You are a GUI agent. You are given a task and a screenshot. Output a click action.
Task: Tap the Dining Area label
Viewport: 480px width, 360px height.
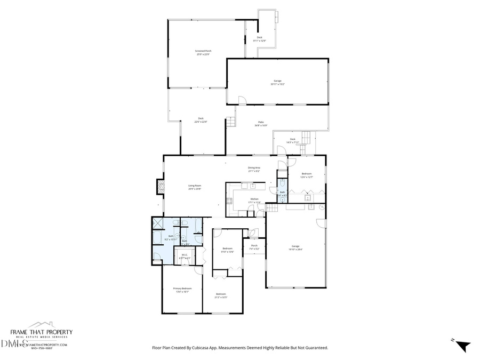click(254, 169)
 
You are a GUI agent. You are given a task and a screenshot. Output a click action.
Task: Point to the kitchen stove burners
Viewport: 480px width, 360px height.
click(229, 201)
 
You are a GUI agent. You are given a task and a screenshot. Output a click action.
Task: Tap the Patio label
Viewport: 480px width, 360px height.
click(261, 124)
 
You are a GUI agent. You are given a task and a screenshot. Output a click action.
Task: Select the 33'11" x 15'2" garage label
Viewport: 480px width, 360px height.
click(277, 82)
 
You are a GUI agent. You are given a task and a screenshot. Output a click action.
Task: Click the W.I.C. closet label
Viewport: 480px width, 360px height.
click(185, 257)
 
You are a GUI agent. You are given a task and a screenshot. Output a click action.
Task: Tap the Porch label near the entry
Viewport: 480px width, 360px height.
click(254, 247)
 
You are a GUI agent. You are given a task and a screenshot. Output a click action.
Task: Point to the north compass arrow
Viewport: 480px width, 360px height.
click(463, 346)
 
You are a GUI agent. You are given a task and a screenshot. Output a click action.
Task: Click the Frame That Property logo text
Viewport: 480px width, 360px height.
click(42, 332)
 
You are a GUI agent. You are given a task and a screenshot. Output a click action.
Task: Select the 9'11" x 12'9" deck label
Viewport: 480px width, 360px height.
click(260, 39)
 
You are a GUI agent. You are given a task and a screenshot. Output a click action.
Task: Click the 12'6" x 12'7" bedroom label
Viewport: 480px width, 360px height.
click(306, 175)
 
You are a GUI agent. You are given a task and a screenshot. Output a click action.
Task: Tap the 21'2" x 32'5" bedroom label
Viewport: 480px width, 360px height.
click(221, 295)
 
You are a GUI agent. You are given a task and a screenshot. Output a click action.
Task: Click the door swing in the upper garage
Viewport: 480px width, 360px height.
click(242, 100)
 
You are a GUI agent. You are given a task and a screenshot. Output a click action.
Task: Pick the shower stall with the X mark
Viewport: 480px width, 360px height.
click(157, 223)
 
